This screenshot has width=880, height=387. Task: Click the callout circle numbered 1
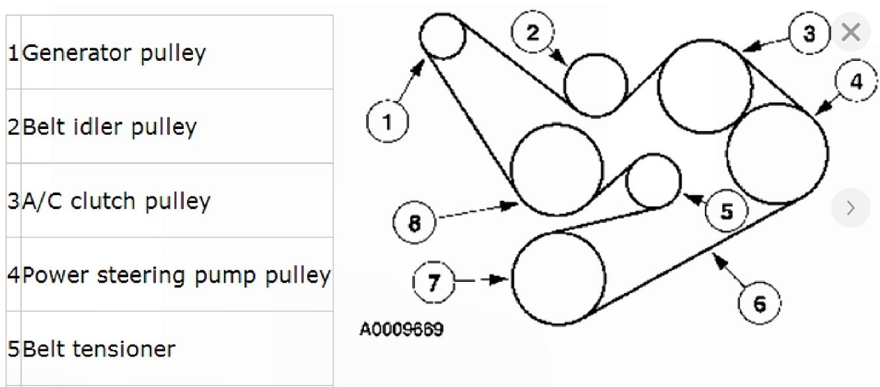tap(387, 122)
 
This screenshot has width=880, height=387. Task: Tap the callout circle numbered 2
tap(533, 33)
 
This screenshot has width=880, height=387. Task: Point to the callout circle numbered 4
tap(856, 82)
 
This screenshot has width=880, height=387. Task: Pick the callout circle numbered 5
tap(726, 212)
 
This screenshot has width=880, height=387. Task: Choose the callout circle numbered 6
tap(759, 305)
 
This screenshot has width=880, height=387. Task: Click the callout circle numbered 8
tap(414, 224)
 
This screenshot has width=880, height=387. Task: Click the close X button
tap(852, 32)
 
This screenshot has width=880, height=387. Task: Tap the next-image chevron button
tap(850, 208)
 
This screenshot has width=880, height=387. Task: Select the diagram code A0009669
tap(402, 329)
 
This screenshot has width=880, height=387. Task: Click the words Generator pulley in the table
tap(114, 53)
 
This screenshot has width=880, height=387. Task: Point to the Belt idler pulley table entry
tap(110, 126)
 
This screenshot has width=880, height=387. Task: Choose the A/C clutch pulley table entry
tap(116, 200)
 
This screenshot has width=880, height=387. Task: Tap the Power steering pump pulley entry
tap(176, 275)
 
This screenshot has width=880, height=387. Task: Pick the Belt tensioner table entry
tap(99, 349)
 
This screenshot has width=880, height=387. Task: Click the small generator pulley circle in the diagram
tap(443, 36)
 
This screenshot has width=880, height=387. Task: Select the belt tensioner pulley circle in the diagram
tap(653, 181)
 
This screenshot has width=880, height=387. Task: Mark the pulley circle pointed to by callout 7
tap(559, 279)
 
